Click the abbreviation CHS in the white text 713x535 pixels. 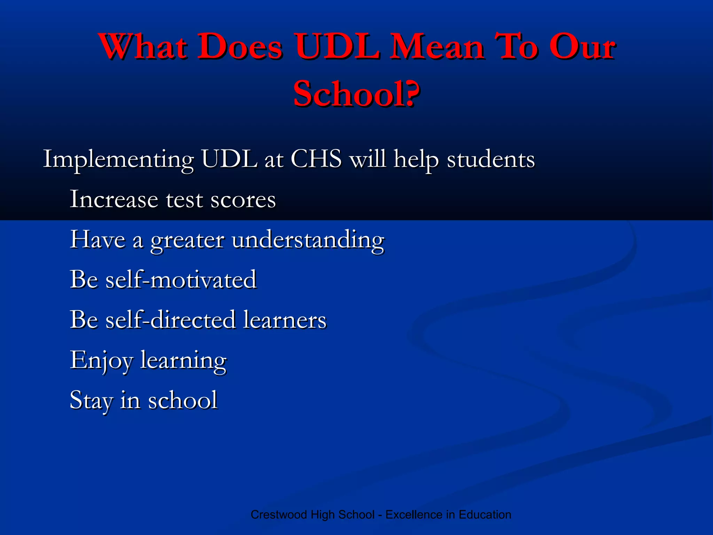click(316, 159)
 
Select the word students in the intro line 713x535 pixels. click(491, 160)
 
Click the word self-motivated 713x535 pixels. click(181, 279)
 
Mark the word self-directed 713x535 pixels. click(171, 320)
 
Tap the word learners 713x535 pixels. click(285, 320)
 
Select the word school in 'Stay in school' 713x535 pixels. click(183, 400)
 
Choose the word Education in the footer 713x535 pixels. click(485, 514)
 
